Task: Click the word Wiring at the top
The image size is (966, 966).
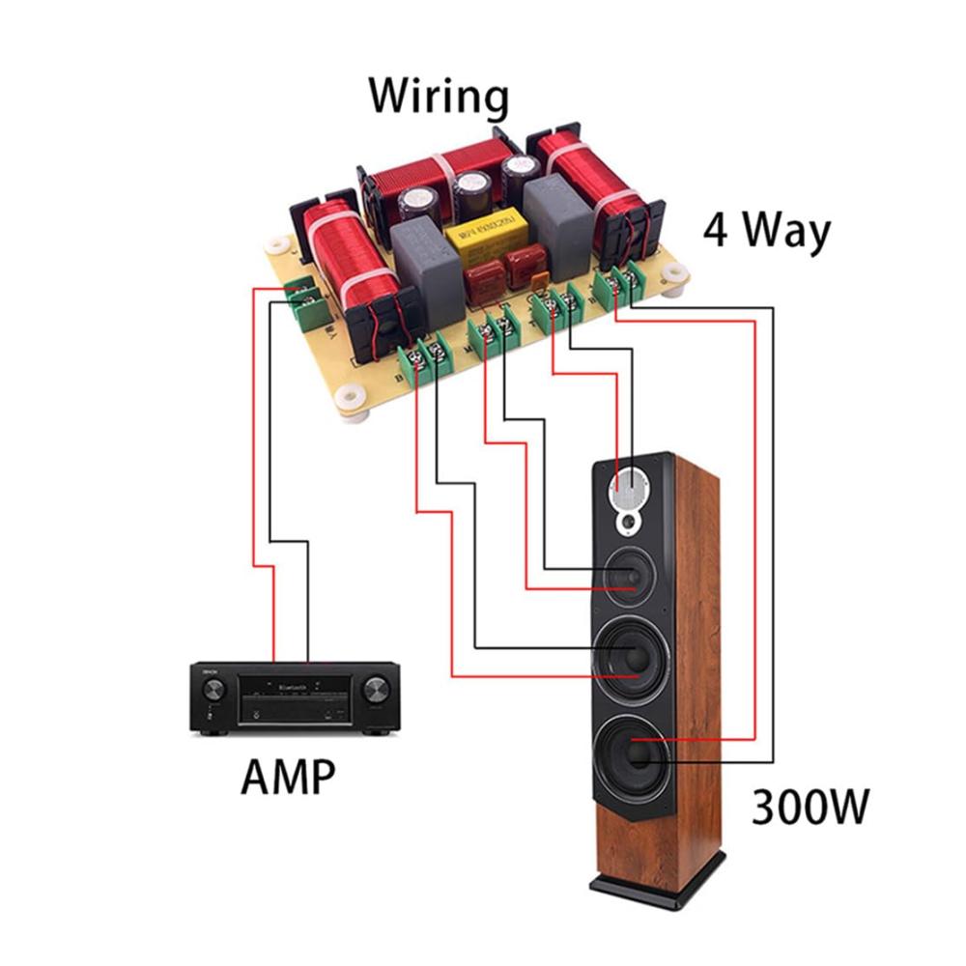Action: pos(439,97)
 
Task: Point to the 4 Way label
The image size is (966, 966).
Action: pos(766,233)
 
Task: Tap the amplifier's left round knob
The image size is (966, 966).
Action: pos(213,690)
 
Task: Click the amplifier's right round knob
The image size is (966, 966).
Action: pos(376,689)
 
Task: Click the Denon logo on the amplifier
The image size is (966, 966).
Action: pos(206,668)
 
